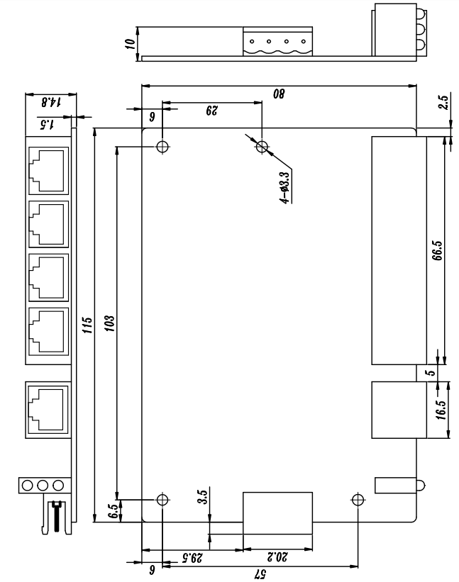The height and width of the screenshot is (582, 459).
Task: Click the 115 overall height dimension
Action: point(87,325)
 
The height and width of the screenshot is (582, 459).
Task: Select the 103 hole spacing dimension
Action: point(109,324)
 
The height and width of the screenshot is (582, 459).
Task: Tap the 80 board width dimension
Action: point(279,94)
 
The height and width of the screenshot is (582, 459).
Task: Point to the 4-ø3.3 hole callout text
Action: point(284,188)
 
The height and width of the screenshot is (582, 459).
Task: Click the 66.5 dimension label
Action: point(438,251)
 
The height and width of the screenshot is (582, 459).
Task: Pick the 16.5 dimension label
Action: point(441,410)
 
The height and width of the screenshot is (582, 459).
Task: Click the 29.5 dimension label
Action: point(192,557)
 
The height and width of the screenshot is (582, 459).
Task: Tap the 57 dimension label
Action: point(260,573)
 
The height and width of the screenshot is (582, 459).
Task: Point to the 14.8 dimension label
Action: point(51,102)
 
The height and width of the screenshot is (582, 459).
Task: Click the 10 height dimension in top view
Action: point(130,44)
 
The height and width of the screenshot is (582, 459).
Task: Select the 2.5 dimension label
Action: point(443,102)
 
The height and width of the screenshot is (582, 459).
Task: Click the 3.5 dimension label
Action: point(202,498)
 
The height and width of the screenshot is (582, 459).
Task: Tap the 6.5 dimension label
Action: point(114,511)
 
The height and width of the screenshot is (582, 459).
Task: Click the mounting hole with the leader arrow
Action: point(262,147)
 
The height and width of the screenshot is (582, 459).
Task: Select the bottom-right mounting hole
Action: point(358,500)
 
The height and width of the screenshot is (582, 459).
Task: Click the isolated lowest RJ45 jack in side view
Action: point(48,410)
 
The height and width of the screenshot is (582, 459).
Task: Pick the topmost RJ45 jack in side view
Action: point(49,171)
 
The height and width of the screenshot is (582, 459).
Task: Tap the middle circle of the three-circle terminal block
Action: point(43,485)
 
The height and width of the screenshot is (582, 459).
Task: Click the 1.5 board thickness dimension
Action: point(47,124)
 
